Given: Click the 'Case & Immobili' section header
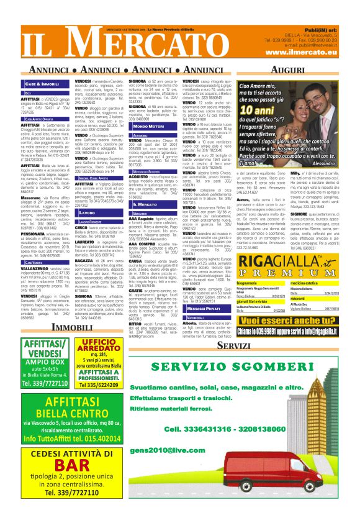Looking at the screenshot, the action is pos(42,83).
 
